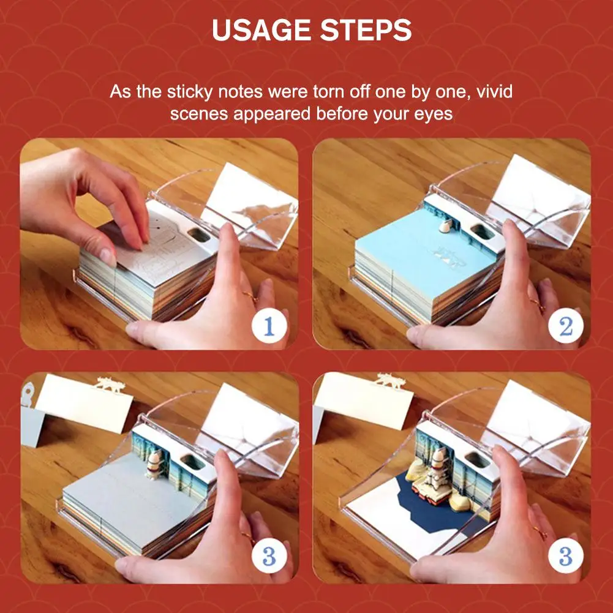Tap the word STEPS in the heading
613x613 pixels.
[x=366, y=30]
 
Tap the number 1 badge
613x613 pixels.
[x=269, y=326]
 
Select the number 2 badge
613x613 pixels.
[x=566, y=326]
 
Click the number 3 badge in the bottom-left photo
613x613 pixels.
[x=269, y=556]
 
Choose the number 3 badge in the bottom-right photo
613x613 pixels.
[x=566, y=556]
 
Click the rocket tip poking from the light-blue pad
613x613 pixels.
[x=445, y=226]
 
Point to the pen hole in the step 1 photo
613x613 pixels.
[x=198, y=235]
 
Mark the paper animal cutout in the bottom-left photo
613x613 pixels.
[x=110, y=385]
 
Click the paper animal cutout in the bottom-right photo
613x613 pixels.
[x=390, y=380]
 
